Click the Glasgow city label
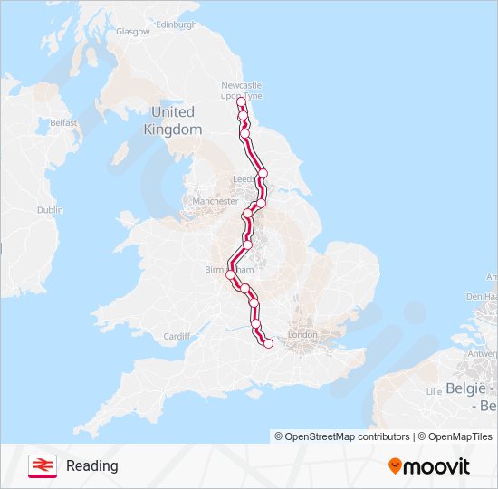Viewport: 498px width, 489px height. coord(132,31)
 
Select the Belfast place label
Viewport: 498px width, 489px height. coord(63,121)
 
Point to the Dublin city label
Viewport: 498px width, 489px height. coord(50,209)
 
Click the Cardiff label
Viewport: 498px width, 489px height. coord(177,336)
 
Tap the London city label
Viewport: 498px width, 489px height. coord(301,335)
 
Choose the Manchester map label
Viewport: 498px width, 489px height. coord(215,201)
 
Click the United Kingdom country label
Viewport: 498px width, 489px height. coord(172,120)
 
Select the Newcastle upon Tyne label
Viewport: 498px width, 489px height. coord(241,91)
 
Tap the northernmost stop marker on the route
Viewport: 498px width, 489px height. coord(241,102)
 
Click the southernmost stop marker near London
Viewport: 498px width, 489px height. coord(268,343)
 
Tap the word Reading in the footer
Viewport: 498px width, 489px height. coord(91,465)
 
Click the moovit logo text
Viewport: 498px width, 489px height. coord(436,466)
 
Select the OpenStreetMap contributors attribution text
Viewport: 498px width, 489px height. coord(347,436)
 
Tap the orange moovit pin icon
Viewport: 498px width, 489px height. coord(395,466)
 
